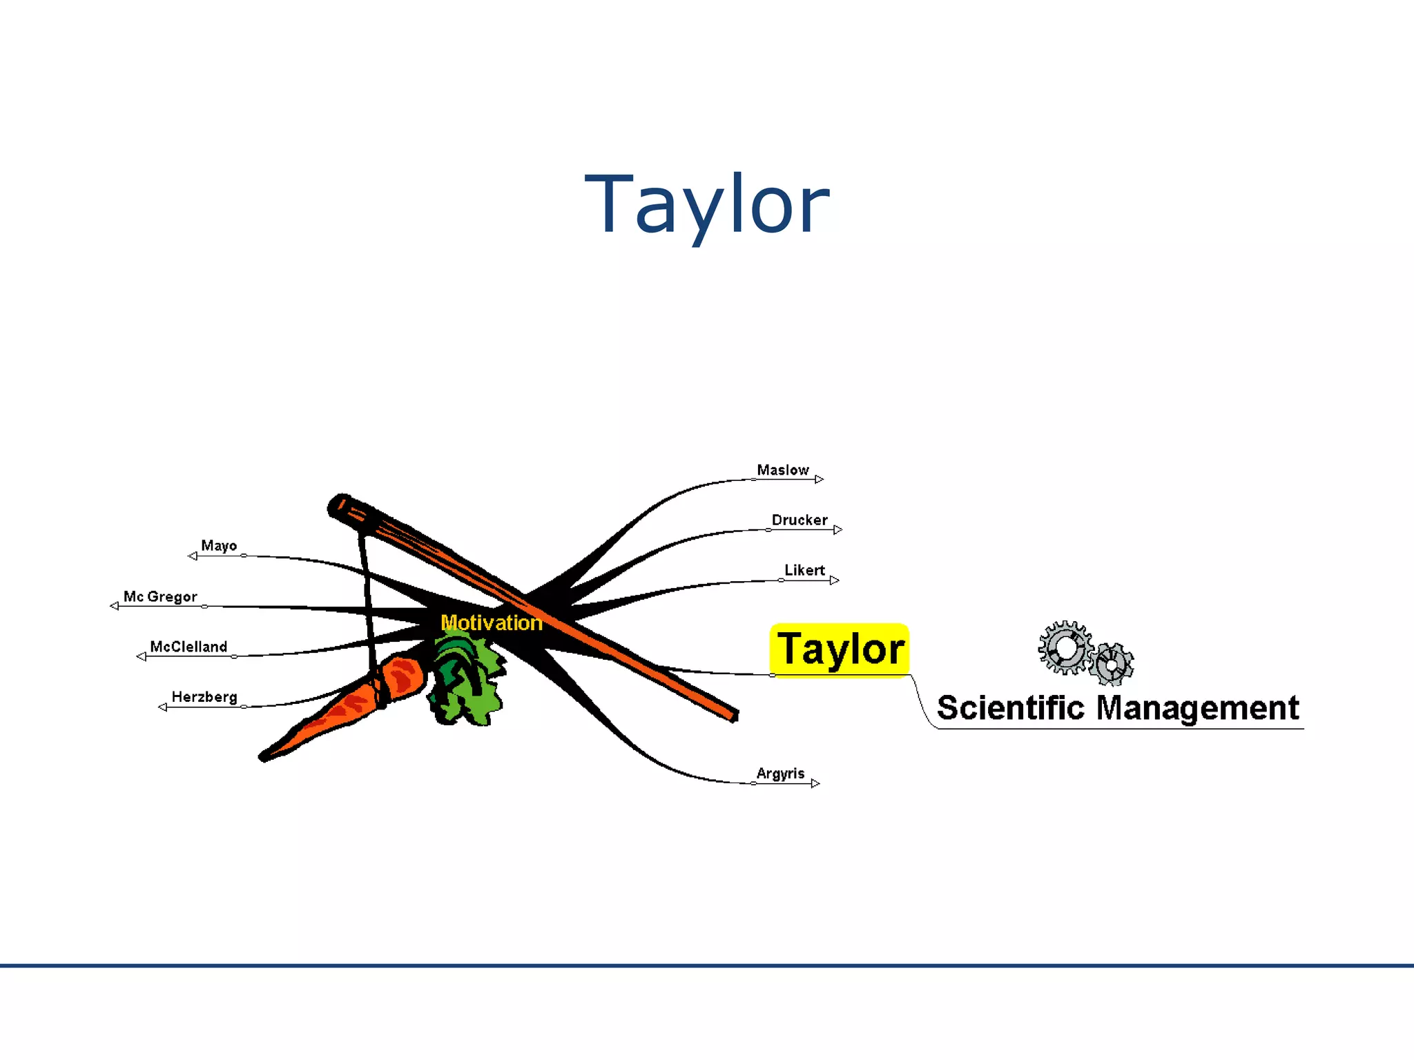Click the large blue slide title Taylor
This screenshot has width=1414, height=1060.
(706, 205)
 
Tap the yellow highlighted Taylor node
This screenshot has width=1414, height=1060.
(840, 650)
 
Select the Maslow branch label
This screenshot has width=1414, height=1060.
(782, 470)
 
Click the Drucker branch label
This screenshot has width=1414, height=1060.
(799, 520)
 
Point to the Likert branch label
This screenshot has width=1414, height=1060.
(804, 571)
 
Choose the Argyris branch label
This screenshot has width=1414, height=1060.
(780, 774)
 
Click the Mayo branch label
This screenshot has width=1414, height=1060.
(219, 546)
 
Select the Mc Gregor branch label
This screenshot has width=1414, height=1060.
(160, 597)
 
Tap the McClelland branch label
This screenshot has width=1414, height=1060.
(188, 647)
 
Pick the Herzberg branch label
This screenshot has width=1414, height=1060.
(204, 697)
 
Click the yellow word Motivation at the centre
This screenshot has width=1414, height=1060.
(492, 623)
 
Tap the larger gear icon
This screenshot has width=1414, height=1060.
(1065, 647)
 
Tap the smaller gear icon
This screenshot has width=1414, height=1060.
(1112, 665)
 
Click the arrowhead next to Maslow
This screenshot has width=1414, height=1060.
(819, 479)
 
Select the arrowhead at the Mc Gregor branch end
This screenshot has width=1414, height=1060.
(114, 606)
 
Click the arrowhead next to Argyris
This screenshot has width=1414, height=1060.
(815, 783)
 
